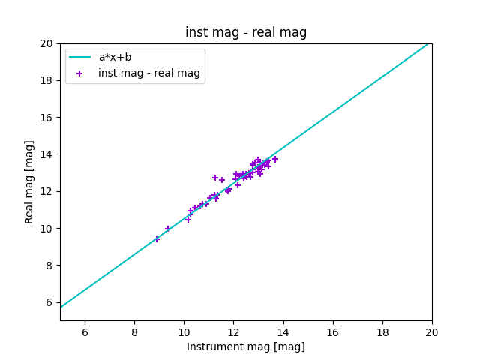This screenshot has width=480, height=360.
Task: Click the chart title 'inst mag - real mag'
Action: click(246, 32)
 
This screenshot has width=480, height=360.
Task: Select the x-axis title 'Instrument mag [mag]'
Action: click(246, 346)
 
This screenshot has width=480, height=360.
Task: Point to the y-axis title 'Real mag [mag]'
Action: click(30, 181)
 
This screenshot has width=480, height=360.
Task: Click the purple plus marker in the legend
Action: click(79, 73)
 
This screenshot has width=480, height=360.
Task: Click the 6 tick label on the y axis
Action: click(49, 302)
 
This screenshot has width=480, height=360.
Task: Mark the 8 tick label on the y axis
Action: click(49, 265)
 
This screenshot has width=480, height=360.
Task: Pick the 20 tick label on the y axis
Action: click(47, 43)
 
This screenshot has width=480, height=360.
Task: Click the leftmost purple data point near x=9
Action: click(157, 239)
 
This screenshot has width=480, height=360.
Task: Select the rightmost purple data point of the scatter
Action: click(275, 159)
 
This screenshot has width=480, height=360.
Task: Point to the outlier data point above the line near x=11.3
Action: click(215, 178)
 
